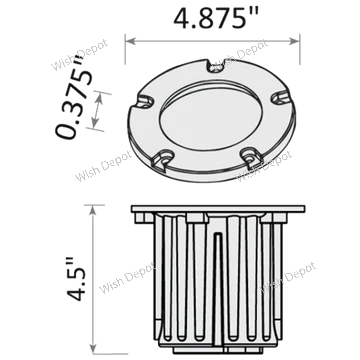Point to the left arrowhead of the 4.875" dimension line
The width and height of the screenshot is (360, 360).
click(129, 41)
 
